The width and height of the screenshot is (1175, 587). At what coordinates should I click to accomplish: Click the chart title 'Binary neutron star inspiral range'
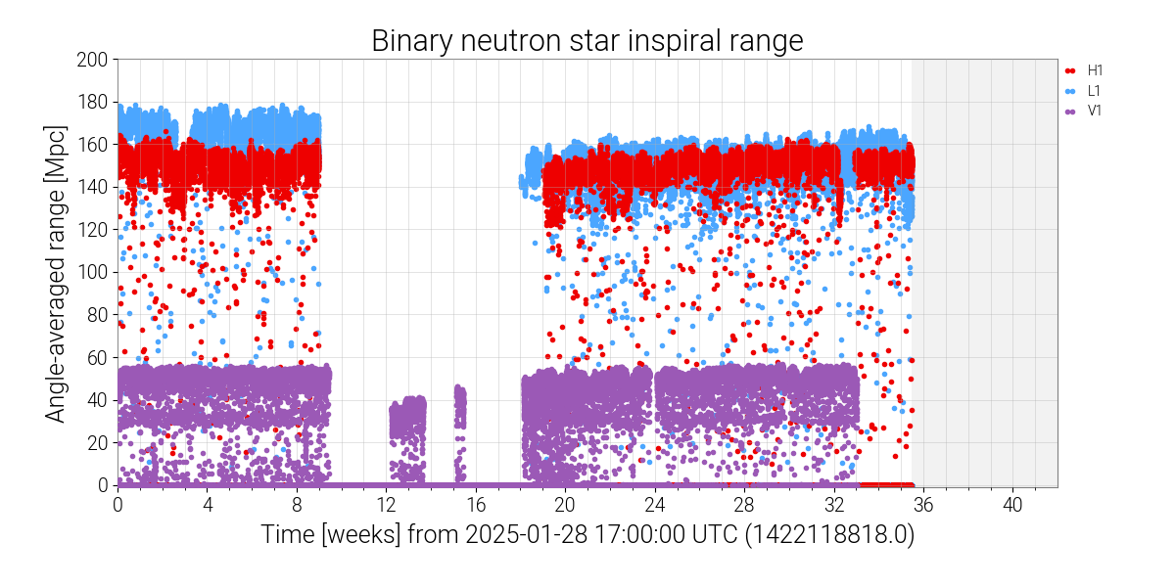click(x=587, y=41)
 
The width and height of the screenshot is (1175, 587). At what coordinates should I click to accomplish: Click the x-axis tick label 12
click(x=386, y=505)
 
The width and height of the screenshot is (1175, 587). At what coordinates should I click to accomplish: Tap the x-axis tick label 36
click(x=923, y=505)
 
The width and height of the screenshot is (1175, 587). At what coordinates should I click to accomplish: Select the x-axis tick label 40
click(x=1012, y=505)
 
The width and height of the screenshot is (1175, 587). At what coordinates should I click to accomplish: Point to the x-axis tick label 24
click(x=654, y=505)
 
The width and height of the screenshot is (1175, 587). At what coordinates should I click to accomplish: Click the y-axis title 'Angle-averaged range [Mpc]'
click(x=57, y=272)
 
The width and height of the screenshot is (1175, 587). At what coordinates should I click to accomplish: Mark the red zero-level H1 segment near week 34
click(x=885, y=484)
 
